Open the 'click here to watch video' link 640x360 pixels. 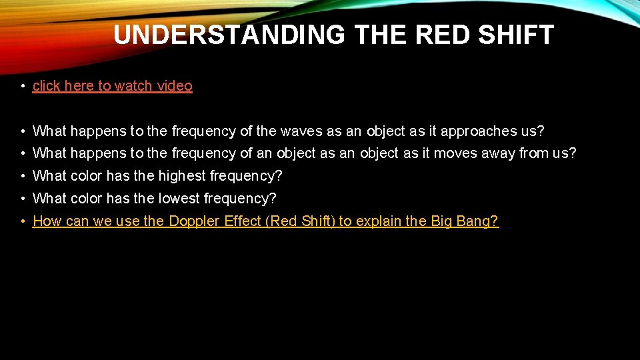[112, 86]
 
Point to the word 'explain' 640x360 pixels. [379, 221]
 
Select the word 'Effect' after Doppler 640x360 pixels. [242, 221]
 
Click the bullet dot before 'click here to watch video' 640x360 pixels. [23, 86]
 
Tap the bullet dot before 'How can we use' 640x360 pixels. [23, 221]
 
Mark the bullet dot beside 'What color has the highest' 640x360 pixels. [23, 176]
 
